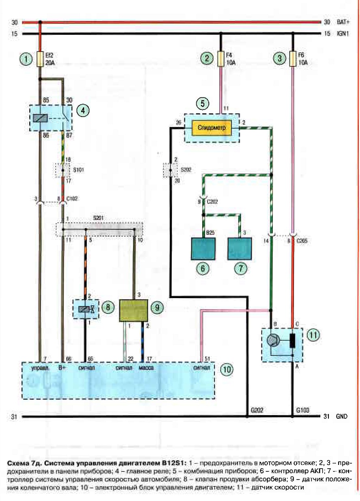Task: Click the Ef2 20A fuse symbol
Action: coord(40,59)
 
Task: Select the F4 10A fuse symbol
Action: coord(221,59)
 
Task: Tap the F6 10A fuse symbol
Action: coord(293,59)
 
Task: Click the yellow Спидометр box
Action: coord(212,128)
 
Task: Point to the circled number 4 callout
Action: coord(83,110)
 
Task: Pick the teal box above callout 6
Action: coord(203,249)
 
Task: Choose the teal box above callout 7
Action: coord(240,249)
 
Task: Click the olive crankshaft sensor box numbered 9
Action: coord(133,311)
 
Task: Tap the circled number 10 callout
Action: coord(227,369)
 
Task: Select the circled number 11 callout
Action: coord(313,335)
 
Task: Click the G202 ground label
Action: coord(257,410)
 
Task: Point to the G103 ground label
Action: coord(302,410)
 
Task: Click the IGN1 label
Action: coord(343,34)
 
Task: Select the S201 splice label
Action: coord(98,218)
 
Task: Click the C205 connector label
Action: coord(302,241)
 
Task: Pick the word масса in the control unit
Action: coord(146,368)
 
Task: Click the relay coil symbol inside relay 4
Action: coord(40,118)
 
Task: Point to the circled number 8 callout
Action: coord(108,307)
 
